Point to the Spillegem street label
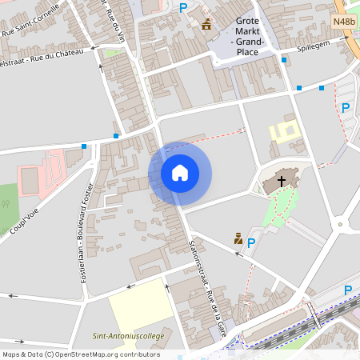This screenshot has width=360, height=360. click(x=312, y=47)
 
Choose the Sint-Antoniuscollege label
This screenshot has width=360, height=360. click(x=128, y=336)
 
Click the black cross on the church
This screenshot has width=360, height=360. click(x=282, y=182)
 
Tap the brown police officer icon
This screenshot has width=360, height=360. click(x=238, y=238)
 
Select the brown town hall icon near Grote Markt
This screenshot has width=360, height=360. click(x=206, y=24)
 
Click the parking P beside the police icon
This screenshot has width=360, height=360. click(x=251, y=242)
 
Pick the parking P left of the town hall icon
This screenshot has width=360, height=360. click(x=183, y=8)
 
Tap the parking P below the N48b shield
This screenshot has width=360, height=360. click(x=346, y=107)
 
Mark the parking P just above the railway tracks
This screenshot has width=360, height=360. click(x=347, y=290)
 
